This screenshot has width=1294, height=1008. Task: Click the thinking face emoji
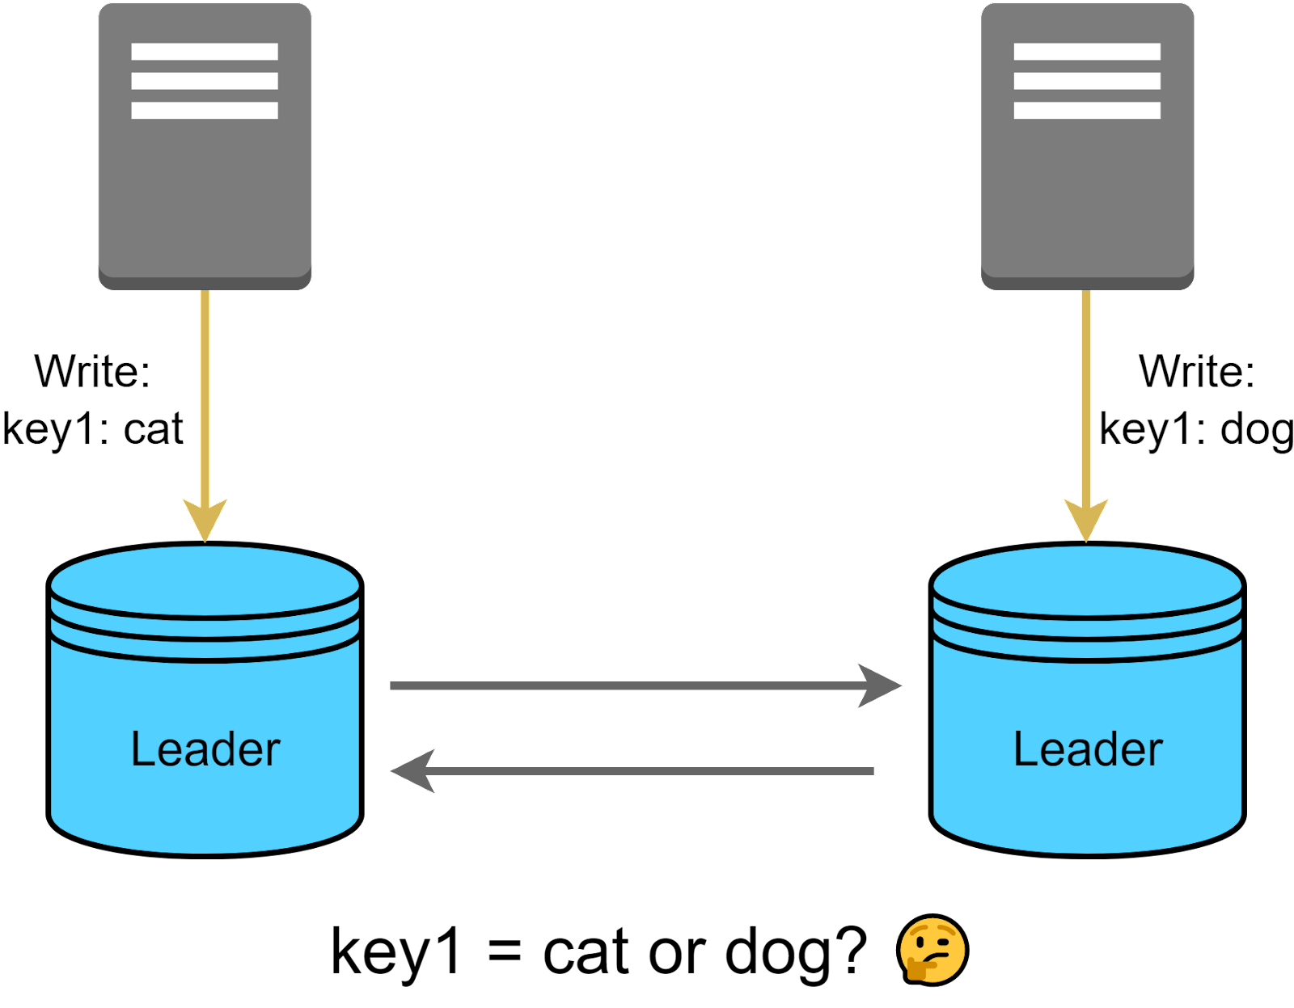[x=932, y=950]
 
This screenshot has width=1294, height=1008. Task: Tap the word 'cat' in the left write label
[x=153, y=428]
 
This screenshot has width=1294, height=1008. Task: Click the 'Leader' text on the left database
[x=205, y=749]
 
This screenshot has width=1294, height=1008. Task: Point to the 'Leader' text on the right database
[x=1088, y=749]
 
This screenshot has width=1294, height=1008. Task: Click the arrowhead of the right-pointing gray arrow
[x=880, y=686]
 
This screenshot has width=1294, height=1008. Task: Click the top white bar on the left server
[x=205, y=52]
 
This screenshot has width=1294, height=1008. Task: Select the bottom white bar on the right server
[x=1087, y=110]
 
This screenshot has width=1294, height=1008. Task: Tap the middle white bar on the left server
[x=205, y=81]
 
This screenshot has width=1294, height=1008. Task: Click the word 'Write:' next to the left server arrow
[x=92, y=372]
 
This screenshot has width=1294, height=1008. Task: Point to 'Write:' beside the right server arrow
[x=1197, y=372]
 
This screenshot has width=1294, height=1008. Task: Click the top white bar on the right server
[x=1087, y=52]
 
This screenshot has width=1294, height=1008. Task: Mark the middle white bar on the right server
[x=1087, y=81]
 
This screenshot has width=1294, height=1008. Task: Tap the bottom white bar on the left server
[x=205, y=110]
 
